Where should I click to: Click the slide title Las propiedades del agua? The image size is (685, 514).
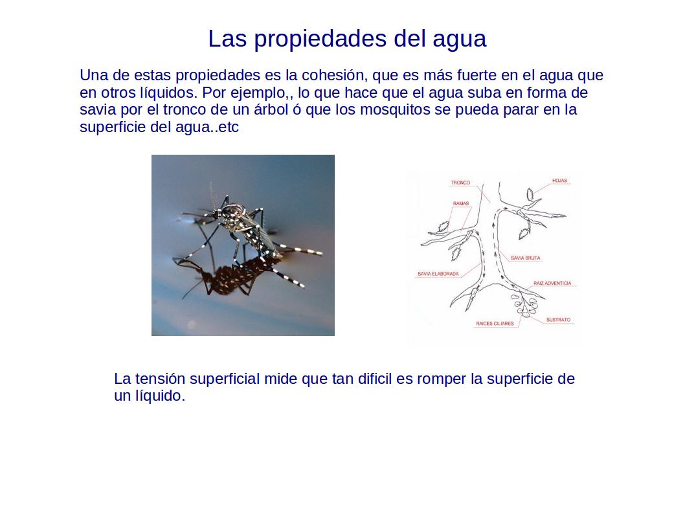pyautogui.click(x=346, y=39)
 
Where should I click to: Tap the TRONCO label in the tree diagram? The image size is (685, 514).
pyautogui.click(x=460, y=183)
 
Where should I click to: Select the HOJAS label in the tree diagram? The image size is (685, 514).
pyautogui.click(x=559, y=181)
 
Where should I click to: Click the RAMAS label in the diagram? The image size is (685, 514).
pyautogui.click(x=461, y=204)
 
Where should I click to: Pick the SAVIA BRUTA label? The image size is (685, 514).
pyautogui.click(x=525, y=258)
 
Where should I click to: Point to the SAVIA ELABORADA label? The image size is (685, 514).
pyautogui.click(x=438, y=274)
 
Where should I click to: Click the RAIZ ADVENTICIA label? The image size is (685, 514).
pyautogui.click(x=552, y=284)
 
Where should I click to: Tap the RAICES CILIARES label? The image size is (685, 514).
pyautogui.click(x=495, y=324)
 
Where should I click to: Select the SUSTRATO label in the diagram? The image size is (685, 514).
pyautogui.click(x=558, y=320)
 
